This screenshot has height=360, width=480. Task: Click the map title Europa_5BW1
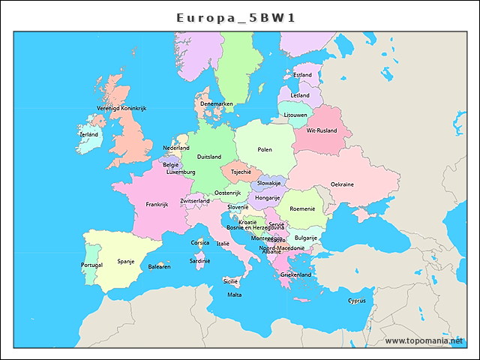235,17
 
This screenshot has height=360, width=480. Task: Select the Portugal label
91,265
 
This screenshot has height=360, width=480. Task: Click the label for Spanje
126,262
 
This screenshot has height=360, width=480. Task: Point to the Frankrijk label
157,204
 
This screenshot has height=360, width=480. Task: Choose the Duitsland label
208,157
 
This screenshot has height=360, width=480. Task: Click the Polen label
265,150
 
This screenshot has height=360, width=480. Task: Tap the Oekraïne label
342,184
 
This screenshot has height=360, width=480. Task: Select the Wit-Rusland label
322,130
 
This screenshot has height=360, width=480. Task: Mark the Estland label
303,75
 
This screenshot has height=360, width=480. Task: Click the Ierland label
88,135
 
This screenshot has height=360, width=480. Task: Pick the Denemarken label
216,103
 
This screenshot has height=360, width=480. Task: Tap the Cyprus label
356,301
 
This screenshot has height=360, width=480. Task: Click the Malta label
235,295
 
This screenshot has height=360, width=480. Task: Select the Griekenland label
295,275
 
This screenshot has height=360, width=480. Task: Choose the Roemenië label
302,208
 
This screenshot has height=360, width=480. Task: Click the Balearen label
159,267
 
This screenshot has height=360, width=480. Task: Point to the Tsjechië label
241,172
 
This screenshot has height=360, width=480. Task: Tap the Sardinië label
199,261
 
